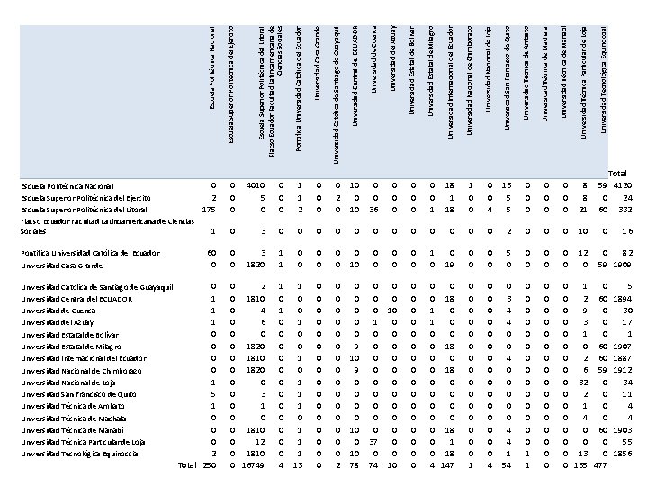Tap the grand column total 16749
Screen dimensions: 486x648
click(x=253, y=465)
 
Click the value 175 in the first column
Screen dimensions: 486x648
click(x=209, y=210)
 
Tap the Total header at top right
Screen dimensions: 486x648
click(x=617, y=174)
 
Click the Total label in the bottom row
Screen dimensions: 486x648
click(x=187, y=465)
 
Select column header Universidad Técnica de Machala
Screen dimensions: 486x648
click(x=544, y=72)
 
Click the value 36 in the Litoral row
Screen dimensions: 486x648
click(x=373, y=210)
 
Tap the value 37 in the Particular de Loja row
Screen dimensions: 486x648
click(x=373, y=442)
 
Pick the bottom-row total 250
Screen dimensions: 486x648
click(x=209, y=465)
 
